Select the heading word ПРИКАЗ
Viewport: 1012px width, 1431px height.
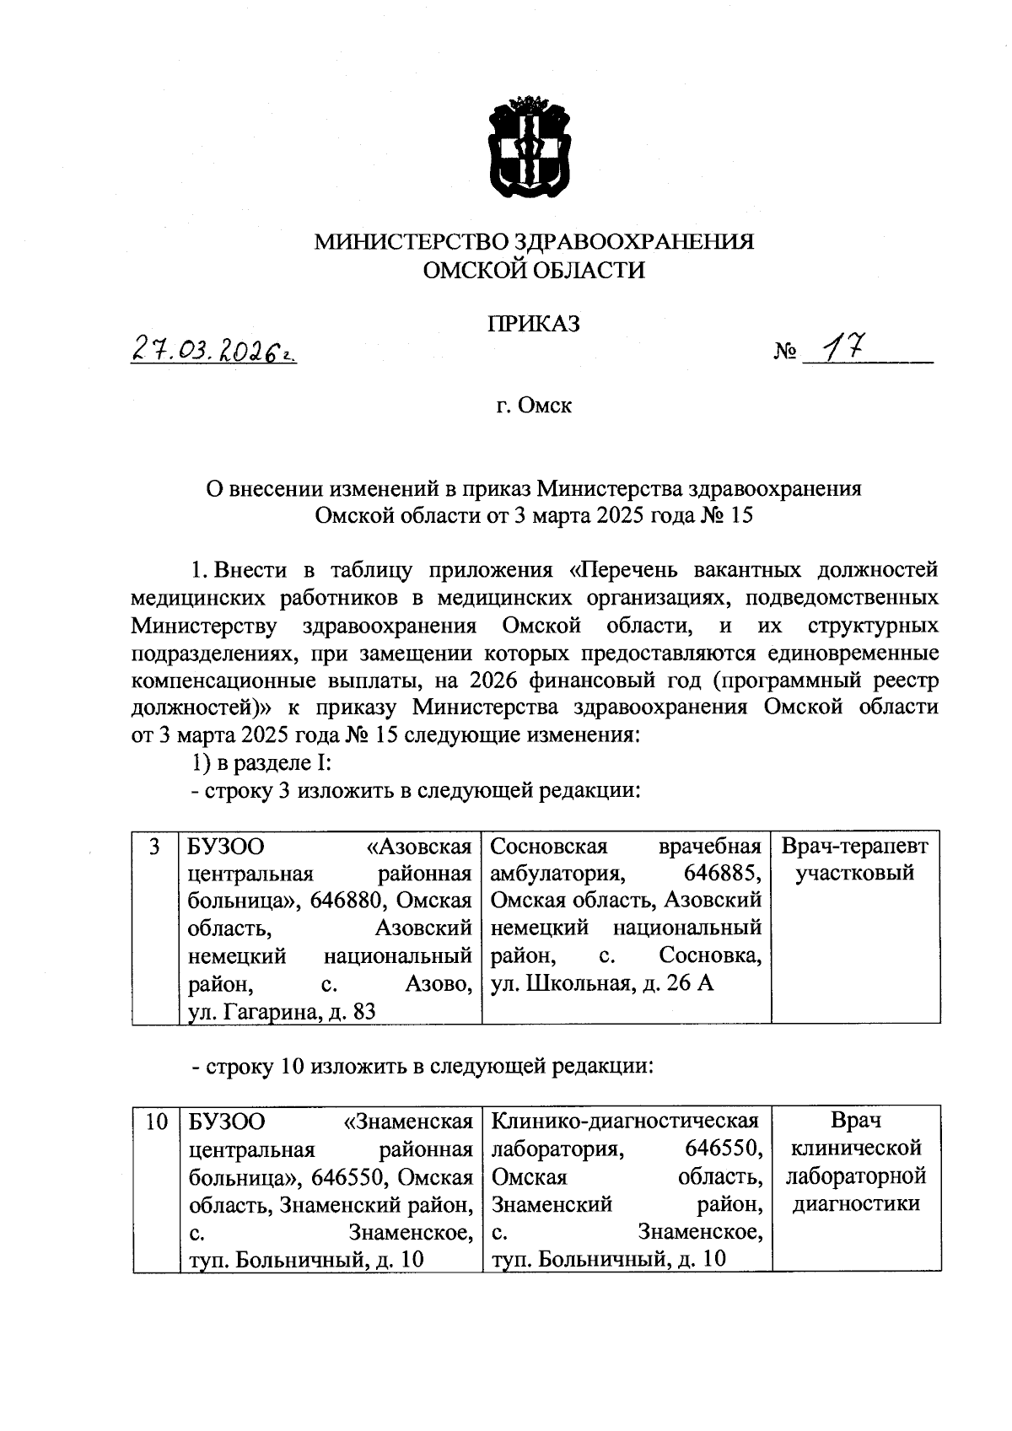[535, 324]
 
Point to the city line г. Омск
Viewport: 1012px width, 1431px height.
[534, 406]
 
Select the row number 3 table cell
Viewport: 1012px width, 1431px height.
[154, 847]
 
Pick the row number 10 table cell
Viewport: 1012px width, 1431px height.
[156, 1122]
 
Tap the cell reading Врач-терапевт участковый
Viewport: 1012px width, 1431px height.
[855, 859]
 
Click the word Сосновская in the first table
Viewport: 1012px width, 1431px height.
[549, 846]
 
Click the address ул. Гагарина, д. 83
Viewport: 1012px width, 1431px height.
[282, 1011]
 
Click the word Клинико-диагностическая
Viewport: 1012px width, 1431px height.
[624, 1121]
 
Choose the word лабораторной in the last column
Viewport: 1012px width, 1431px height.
[856, 1175]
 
